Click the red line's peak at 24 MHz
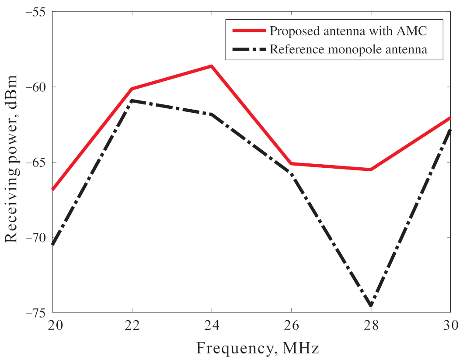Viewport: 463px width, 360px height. (x=212, y=66)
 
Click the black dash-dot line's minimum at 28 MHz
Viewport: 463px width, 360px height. (x=371, y=305)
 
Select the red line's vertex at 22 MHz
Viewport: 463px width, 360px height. (x=132, y=89)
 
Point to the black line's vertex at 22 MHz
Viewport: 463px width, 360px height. (x=132, y=100)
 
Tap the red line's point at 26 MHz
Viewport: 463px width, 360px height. (x=291, y=163)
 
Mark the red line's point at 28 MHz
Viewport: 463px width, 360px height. (x=371, y=170)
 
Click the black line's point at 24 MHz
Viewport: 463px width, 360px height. (x=212, y=114)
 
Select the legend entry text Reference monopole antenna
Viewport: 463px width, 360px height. (x=348, y=49)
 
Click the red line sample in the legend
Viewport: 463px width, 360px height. (x=248, y=31)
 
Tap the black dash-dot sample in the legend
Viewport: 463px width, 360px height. (x=248, y=49)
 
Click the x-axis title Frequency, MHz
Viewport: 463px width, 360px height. (x=258, y=348)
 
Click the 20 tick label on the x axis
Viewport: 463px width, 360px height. (x=52, y=325)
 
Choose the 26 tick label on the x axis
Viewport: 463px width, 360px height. (x=291, y=325)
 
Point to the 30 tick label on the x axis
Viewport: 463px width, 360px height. (x=450, y=325)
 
